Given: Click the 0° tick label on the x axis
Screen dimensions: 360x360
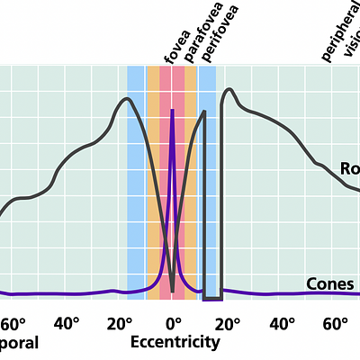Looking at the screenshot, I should coord(173,324).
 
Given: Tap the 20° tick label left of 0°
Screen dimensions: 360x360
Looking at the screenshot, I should coord(120,324).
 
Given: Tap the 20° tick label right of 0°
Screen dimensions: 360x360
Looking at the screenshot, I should coord(227,324).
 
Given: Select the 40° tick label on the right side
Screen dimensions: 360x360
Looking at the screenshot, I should coord(282,324).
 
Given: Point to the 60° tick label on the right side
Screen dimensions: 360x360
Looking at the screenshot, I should coord(336,324).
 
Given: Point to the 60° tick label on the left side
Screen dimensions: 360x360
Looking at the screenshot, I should coord(13,324).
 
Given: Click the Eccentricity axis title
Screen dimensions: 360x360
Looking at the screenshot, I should coord(175,343).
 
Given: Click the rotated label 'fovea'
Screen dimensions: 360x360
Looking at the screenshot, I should coord(171,45).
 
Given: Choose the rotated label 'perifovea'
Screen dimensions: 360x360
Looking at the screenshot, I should coord(208,36).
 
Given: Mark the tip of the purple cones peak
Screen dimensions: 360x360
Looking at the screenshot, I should coord(172,110).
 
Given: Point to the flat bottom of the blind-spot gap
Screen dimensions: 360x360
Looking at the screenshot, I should coord(212,298).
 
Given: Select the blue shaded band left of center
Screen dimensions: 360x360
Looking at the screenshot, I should coord(136,180).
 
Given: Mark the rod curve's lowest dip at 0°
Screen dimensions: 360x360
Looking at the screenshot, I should coord(172,291).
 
